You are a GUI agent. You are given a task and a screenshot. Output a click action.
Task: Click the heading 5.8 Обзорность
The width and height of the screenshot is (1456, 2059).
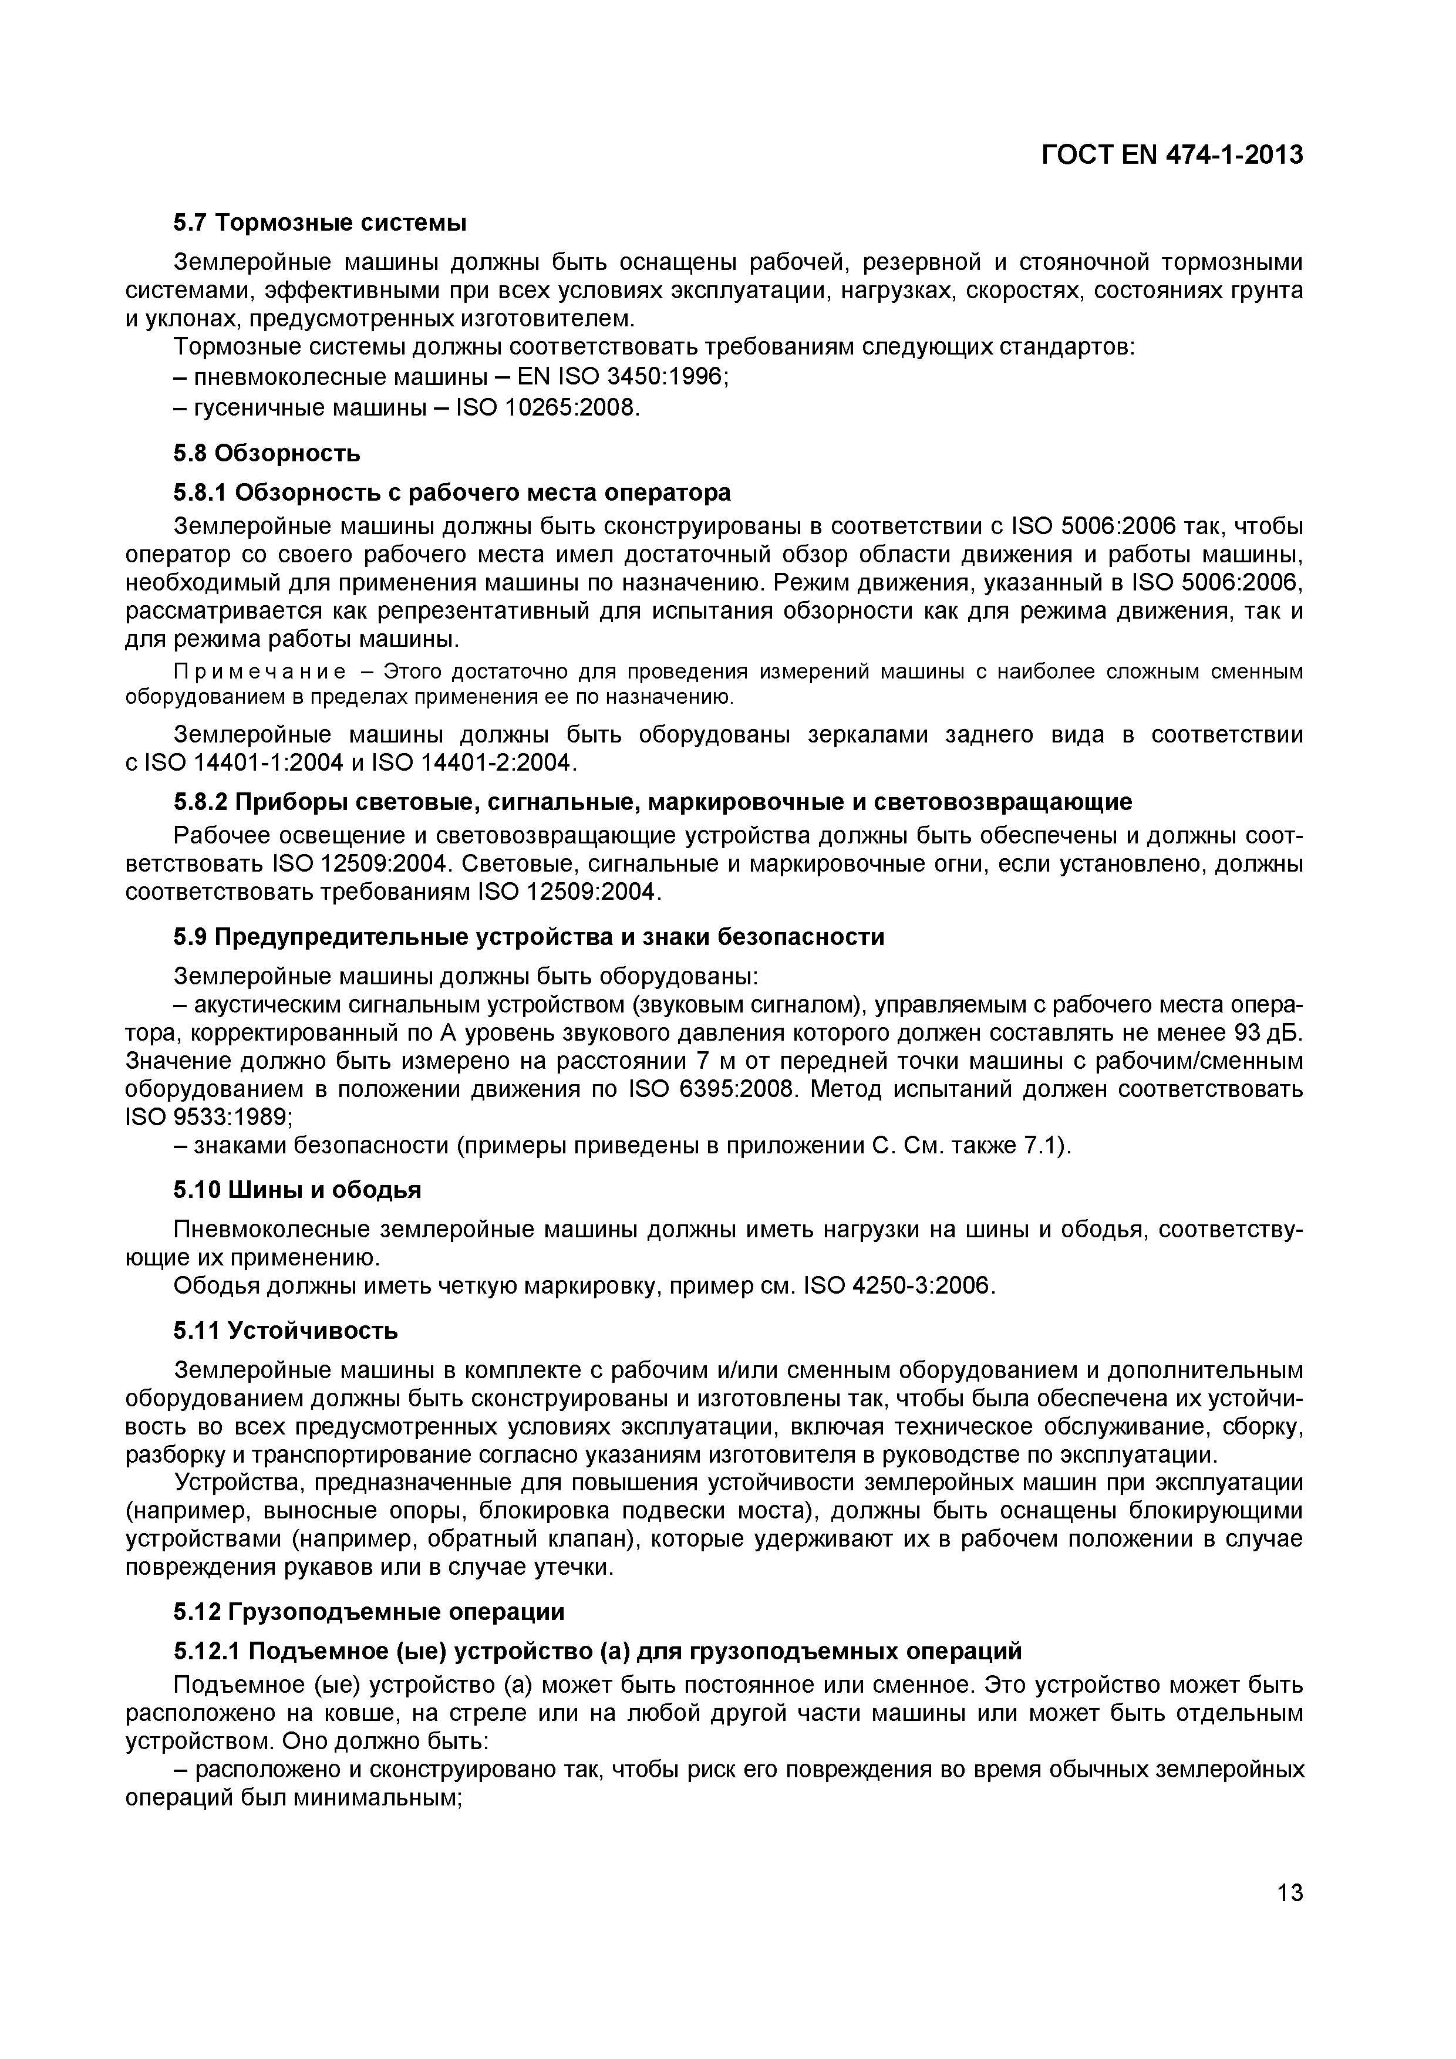pos(267,453)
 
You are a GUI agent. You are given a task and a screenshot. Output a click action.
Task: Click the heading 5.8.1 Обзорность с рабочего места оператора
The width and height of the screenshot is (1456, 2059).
pos(451,492)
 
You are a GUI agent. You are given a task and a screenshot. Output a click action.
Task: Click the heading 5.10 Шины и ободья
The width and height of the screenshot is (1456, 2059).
pos(297,1190)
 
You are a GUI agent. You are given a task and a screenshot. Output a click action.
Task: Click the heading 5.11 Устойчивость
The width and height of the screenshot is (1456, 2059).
pos(285,1330)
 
